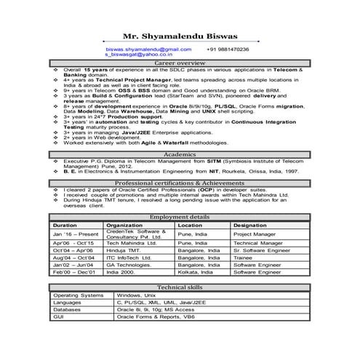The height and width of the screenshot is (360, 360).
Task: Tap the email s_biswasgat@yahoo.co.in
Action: coord(138,55)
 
